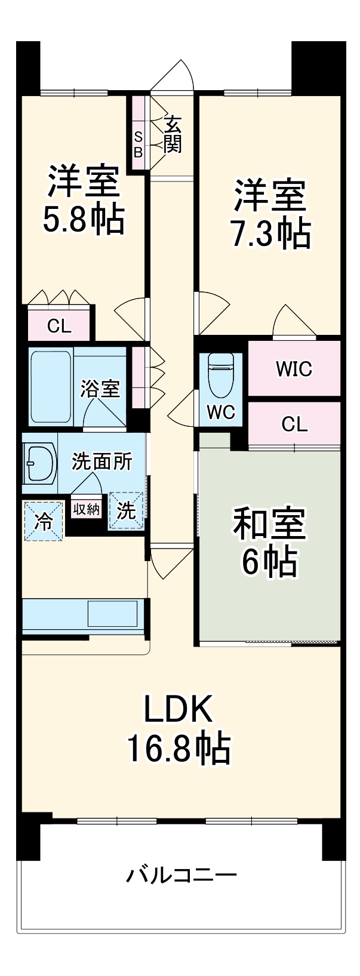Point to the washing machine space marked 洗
click(126, 510)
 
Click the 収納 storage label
click(86, 509)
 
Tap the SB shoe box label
click(138, 143)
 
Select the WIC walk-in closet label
click(294, 369)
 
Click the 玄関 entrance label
click(173, 134)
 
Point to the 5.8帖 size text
click(83, 220)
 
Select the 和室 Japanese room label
click(269, 523)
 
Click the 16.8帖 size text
click(178, 747)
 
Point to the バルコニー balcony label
click(181, 876)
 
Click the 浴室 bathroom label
click(100, 389)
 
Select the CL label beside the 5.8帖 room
click(59, 326)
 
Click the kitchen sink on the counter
click(112, 613)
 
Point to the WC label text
click(221, 412)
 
